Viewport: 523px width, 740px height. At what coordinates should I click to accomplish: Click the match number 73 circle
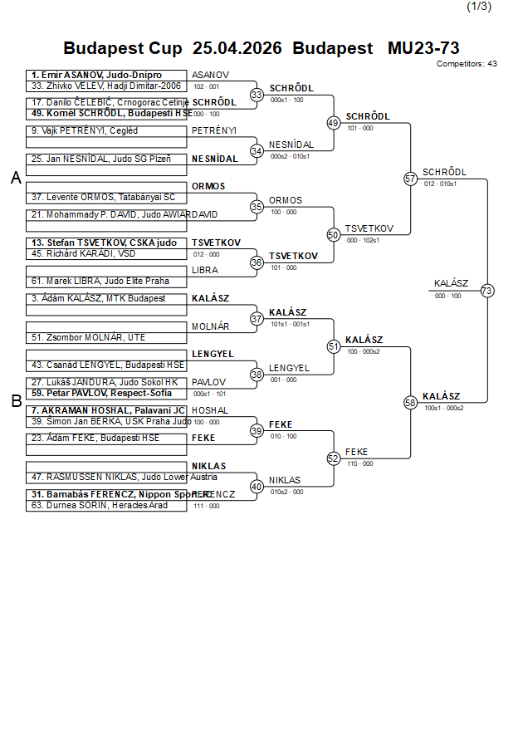click(x=487, y=291)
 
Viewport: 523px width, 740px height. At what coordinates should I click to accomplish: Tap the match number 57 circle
click(x=410, y=179)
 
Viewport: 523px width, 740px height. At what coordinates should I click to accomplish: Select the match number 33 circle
click(x=257, y=95)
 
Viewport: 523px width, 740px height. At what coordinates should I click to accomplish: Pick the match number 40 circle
click(x=257, y=486)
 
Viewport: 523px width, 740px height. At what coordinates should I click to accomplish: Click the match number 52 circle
click(x=334, y=458)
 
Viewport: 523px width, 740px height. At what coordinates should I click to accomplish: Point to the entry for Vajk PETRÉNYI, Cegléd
click(x=85, y=130)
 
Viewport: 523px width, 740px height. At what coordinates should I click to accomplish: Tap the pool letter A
click(x=16, y=178)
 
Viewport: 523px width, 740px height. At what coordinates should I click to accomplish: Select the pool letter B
click(x=16, y=401)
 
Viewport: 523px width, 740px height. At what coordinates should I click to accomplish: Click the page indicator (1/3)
click(x=479, y=7)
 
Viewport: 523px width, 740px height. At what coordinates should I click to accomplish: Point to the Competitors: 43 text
click(x=467, y=63)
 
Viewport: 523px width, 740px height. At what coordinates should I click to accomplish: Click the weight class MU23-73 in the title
click(x=423, y=48)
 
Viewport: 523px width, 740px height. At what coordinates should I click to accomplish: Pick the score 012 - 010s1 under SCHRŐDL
click(x=439, y=184)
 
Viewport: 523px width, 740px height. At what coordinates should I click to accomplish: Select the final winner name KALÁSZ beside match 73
click(x=451, y=283)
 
